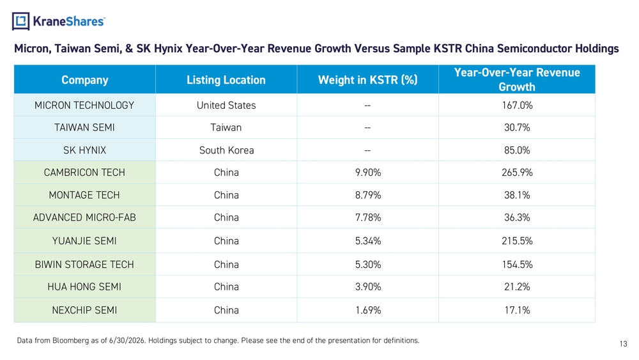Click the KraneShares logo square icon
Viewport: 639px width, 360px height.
[21, 21]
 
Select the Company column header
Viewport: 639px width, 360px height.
[85, 80]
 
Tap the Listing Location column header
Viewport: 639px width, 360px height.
[226, 80]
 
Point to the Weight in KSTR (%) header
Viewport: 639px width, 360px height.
[367, 80]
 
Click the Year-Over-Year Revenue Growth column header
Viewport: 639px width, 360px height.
[517, 79]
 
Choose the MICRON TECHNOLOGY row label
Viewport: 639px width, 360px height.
[84, 106]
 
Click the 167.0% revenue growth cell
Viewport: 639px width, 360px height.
[517, 106]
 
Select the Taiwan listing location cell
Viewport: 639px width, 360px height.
[226, 128]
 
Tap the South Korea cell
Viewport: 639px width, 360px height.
[227, 150]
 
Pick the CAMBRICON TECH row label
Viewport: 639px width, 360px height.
[84, 173]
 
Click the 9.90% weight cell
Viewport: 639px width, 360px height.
[368, 173]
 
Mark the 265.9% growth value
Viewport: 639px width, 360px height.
[517, 173]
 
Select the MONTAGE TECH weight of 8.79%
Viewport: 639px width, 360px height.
[368, 195]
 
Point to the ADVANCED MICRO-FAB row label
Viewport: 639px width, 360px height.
[84, 217]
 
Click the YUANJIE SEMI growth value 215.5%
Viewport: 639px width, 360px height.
[517, 241]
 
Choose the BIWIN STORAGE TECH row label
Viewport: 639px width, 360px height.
[84, 265]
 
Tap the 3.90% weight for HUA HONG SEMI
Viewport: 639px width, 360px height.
[368, 286]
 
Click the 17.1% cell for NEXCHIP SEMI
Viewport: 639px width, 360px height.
[517, 310]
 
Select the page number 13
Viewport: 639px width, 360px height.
[623, 343]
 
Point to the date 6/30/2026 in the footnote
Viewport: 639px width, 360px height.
[127, 340]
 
